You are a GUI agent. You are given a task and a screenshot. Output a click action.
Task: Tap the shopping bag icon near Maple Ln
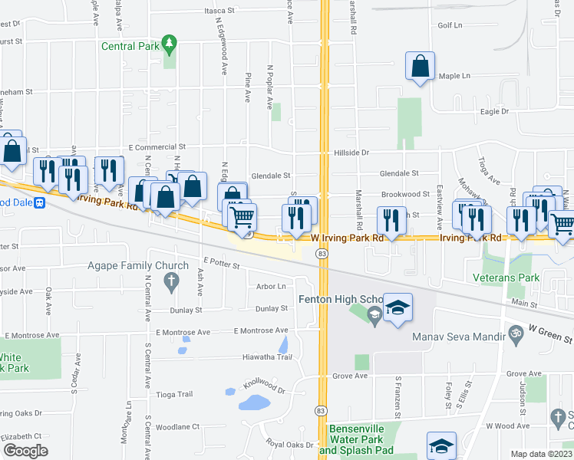420,67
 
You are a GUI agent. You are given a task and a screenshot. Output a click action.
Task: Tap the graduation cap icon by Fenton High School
398,309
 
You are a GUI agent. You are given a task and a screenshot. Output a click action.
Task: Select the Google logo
25,450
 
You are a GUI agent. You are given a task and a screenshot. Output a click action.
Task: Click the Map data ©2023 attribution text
541,454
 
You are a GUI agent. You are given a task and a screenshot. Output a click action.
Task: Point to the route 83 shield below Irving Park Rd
321,254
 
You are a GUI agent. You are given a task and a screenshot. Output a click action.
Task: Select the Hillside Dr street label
351,153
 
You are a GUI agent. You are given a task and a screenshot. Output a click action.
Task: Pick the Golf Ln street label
450,25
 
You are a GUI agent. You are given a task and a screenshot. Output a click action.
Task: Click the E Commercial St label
157,146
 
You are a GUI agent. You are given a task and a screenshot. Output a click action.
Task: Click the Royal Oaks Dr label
285,445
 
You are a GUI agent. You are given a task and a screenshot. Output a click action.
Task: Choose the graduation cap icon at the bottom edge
441,448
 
